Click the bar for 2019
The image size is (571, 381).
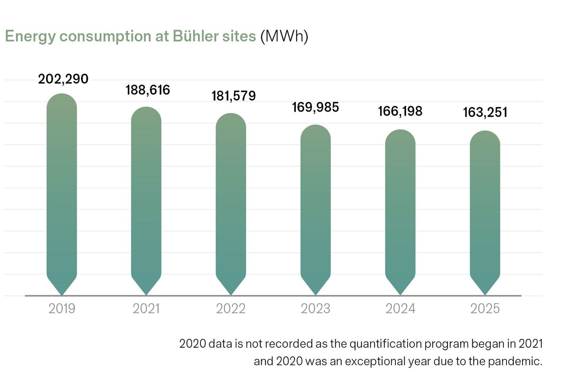click(x=62, y=193)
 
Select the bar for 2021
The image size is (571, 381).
click(x=146, y=200)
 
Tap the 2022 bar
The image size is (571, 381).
click(x=231, y=204)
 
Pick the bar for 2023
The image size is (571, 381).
click(x=315, y=209)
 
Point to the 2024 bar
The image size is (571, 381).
click(x=400, y=211)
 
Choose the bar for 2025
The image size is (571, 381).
click(x=485, y=212)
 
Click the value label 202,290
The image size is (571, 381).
click(x=63, y=79)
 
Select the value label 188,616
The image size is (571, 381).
click(x=147, y=90)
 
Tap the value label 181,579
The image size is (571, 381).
click(x=233, y=96)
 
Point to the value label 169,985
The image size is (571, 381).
click(x=315, y=107)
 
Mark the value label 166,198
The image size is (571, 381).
click(x=400, y=111)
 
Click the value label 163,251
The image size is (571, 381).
click(x=485, y=112)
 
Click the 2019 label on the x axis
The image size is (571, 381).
click(x=62, y=308)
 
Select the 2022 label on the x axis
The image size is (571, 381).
click(x=231, y=308)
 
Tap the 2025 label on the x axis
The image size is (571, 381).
click(x=485, y=308)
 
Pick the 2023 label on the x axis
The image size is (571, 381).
click(x=315, y=308)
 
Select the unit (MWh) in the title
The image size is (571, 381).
click(x=284, y=36)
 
